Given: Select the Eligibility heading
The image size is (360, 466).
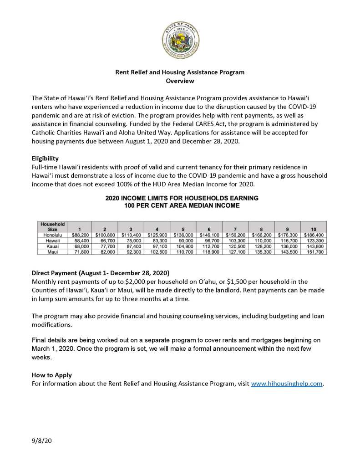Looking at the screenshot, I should tap(45, 159).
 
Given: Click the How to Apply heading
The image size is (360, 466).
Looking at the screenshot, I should tap(51, 375).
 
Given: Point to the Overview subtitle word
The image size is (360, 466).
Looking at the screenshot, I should tap(180, 81).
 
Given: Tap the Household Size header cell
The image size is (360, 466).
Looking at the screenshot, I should tap(52, 226).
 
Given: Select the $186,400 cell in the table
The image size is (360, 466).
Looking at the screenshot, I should tap(314, 235).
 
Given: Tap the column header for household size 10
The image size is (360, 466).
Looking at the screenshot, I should tap(314, 229).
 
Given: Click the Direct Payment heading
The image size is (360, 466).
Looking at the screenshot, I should tap(100, 273).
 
